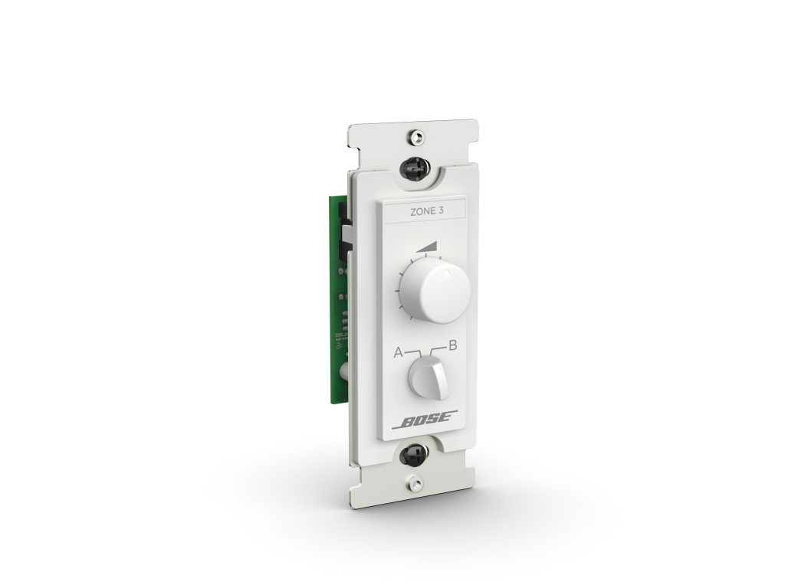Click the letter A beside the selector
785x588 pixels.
point(399,352)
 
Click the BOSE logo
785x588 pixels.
point(426,420)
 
